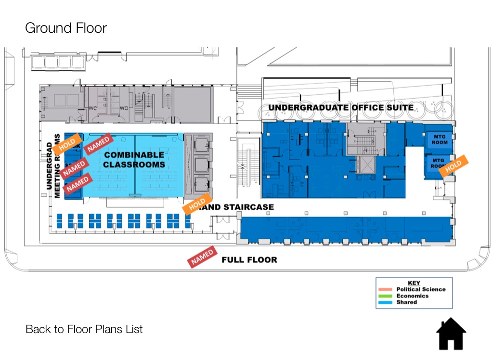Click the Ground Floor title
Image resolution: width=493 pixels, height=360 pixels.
click(66, 28)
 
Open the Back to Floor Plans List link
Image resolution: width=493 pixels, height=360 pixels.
click(84, 329)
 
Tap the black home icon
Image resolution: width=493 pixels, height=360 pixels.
click(451, 334)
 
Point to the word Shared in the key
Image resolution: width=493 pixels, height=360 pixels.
click(407, 302)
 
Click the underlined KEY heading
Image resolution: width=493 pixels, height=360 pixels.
click(414, 283)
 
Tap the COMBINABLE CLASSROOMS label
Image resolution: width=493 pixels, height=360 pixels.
click(134, 159)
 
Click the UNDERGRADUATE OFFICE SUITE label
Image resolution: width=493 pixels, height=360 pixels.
click(341, 107)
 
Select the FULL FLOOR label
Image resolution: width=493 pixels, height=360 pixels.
click(249, 260)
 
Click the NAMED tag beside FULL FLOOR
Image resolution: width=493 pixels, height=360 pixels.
click(202, 257)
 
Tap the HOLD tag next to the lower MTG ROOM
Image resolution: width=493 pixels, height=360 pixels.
click(454, 166)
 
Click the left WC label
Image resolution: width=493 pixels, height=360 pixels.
click(93, 108)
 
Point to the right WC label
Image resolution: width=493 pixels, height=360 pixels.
click(124, 108)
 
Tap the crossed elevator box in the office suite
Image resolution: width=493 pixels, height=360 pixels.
click(366, 165)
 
